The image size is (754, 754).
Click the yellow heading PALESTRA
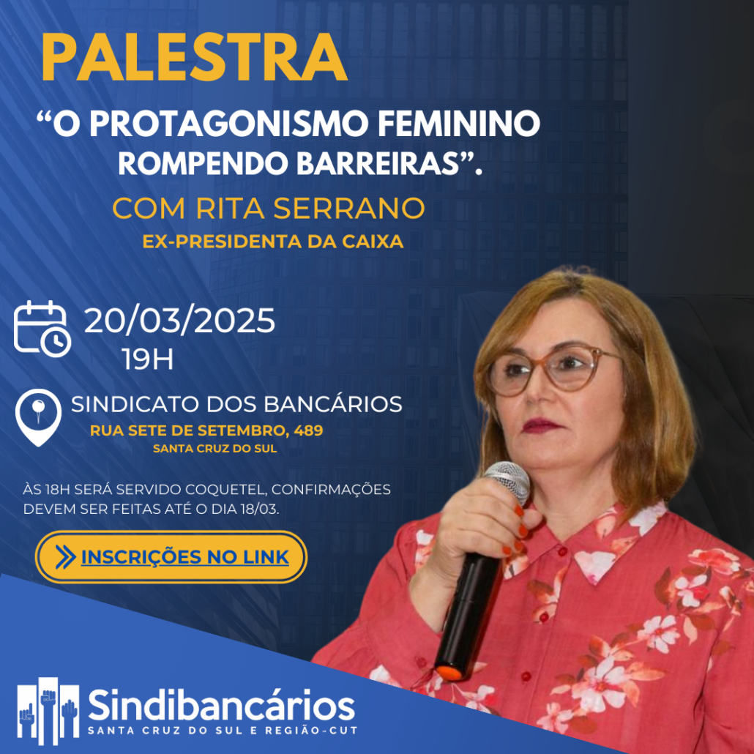pos(194,58)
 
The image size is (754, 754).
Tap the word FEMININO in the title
pos(459,124)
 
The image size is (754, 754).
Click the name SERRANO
pos(349,208)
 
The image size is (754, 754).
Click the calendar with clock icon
pos(42,329)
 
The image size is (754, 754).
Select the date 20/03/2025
pos(179,321)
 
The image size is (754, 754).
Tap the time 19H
pos(147,359)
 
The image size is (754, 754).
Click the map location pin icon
pos(39,417)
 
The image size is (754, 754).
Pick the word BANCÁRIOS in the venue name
pos(333,404)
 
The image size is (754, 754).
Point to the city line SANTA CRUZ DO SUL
pos(215,449)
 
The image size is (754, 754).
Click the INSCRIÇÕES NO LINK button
pos(171,557)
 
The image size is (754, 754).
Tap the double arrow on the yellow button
pos(65,557)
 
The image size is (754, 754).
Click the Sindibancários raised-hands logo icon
pos(48,712)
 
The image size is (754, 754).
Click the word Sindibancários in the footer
pos(222,706)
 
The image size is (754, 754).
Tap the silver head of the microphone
pos(508,482)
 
